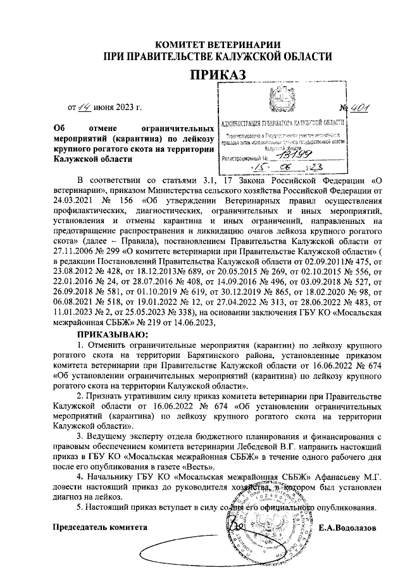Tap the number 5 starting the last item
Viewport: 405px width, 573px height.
[78, 507]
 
